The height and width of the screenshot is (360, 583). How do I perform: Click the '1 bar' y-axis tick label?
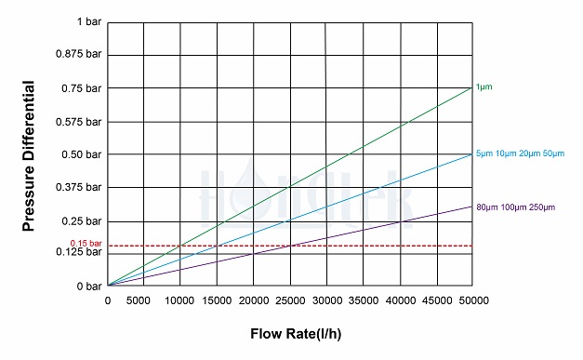[89, 21]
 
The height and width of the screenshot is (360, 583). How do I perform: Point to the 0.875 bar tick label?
[80, 55]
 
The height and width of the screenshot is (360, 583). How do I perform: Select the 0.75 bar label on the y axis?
[82, 88]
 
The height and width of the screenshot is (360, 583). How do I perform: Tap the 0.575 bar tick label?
[80, 121]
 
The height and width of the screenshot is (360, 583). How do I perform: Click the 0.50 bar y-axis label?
[82, 154]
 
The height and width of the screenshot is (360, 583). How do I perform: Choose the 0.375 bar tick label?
[80, 187]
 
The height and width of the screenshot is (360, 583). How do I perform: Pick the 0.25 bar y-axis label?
[82, 220]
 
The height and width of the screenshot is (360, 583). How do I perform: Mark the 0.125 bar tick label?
[80, 253]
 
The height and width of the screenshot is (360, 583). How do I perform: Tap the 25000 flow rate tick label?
[290, 300]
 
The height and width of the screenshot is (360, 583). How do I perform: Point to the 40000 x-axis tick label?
[400, 300]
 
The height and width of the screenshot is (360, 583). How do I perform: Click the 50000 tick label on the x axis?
[473, 300]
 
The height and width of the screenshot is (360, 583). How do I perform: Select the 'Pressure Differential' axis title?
[29, 156]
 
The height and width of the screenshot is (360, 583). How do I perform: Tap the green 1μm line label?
[484, 87]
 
